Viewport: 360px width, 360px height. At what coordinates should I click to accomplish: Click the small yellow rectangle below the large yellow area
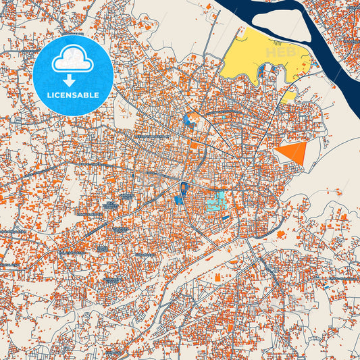(x=288, y=95)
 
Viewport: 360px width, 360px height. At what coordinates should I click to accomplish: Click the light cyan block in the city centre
(x=217, y=201)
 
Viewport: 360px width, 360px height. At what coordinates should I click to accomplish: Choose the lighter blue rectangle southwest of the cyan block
(x=178, y=199)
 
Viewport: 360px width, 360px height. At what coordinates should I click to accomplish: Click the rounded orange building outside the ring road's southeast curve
(x=281, y=234)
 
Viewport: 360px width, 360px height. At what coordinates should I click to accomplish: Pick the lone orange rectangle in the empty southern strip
(x=217, y=278)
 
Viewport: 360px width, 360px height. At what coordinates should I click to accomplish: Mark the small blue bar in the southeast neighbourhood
(x=328, y=286)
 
